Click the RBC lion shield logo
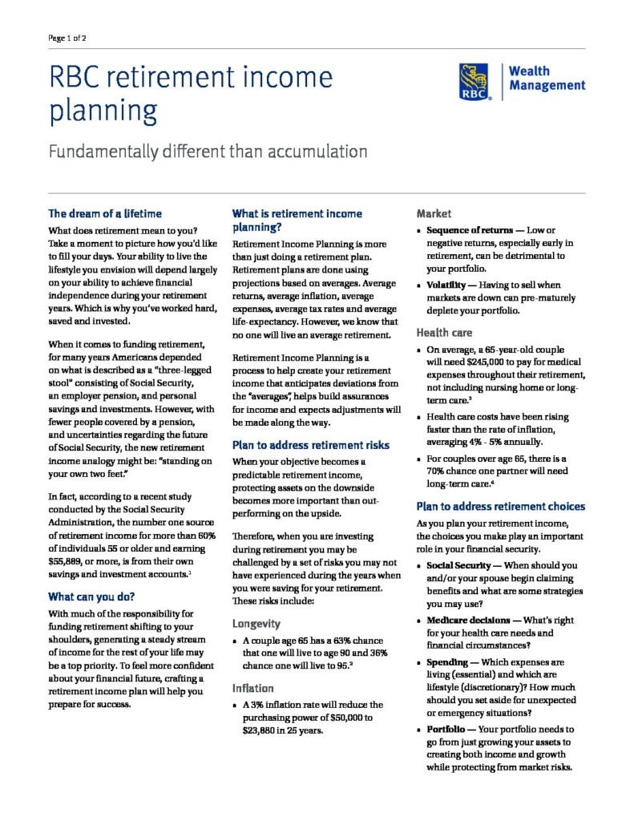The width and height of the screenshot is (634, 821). click(x=477, y=81)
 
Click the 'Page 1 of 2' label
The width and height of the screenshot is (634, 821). click(x=68, y=37)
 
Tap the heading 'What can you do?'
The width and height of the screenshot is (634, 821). click(x=91, y=597)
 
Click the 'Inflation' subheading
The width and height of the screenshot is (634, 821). click(x=253, y=688)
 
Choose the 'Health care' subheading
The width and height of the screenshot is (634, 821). click(x=444, y=332)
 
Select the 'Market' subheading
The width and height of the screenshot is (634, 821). click(x=434, y=214)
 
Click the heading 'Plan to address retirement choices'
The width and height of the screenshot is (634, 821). click(x=500, y=506)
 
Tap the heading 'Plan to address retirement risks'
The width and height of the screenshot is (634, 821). click(x=310, y=445)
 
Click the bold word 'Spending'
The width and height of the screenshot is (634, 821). click(x=452, y=663)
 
